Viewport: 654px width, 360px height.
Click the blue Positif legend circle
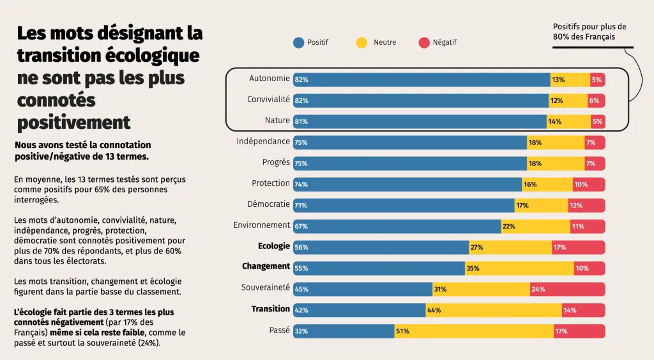coord(298,43)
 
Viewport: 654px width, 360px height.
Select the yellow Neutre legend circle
coord(362,43)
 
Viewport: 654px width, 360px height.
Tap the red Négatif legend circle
coord(423,43)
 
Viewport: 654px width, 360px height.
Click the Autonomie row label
coord(270,79)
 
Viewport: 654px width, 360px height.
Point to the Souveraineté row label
coord(266,288)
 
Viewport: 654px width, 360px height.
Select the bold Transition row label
coord(271,309)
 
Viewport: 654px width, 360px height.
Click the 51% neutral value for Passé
coord(403,331)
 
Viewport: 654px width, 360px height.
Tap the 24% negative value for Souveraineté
coord(538,289)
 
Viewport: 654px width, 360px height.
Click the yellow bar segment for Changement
coord(519,268)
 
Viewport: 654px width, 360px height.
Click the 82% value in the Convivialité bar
coord(301,101)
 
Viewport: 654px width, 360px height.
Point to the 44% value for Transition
coord(434,310)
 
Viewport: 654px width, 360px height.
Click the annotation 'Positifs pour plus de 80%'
coord(589,32)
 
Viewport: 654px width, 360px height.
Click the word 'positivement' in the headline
coord(73,122)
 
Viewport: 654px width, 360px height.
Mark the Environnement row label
coord(262,225)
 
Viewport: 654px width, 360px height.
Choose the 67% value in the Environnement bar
coord(301,227)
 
